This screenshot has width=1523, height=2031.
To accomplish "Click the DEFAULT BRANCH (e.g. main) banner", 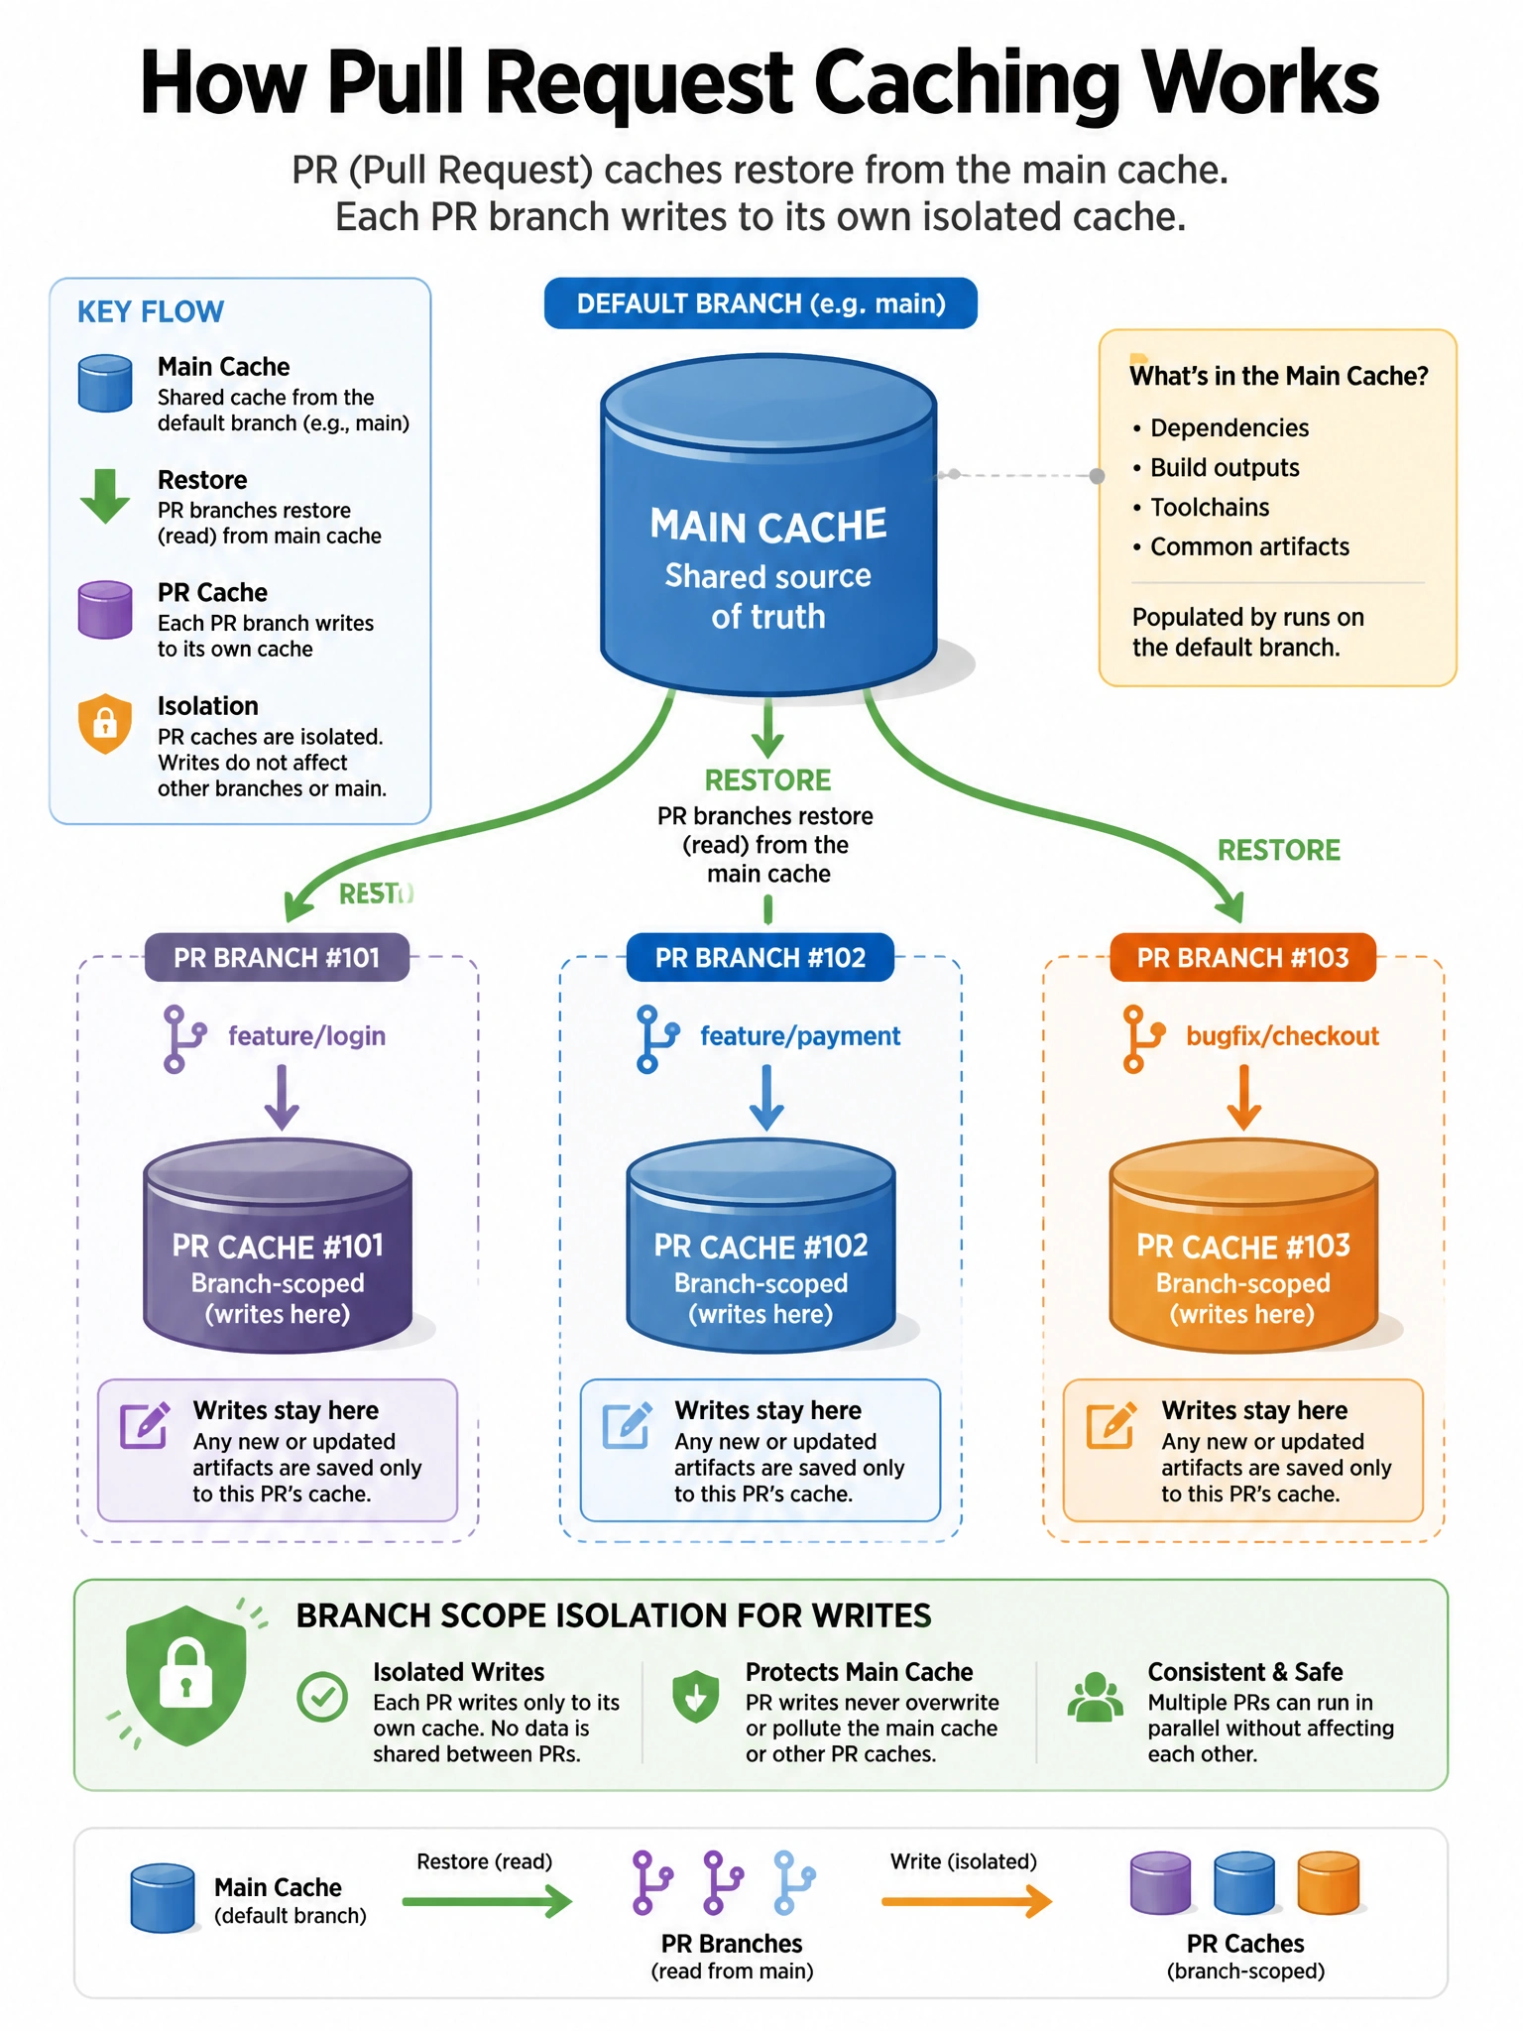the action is pos(761,303).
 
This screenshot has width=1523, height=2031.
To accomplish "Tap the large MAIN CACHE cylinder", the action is pos(768,524).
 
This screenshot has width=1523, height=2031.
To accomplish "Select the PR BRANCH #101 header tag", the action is pos(277,958).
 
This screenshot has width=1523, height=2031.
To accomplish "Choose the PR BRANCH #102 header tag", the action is pos(761,958).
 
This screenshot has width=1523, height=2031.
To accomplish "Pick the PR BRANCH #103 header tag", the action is pos(1242,958).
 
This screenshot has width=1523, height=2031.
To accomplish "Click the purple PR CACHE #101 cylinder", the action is pos(278,1246).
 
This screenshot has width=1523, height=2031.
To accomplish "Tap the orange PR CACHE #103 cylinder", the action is pos(1243,1246).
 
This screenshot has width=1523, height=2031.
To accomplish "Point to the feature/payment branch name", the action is pos(800,1036).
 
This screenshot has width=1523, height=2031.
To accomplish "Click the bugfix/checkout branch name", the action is pos(1282,1036).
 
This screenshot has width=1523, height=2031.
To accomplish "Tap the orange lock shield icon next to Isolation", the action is pos(105,723).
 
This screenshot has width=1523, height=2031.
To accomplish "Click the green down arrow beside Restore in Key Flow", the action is pos(105,496).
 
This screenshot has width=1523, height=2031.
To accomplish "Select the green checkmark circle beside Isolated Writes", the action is pos(322,1697).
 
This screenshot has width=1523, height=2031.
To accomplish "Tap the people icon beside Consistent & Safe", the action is pos(1095,1697).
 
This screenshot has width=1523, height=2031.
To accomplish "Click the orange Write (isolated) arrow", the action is pos(967,1901).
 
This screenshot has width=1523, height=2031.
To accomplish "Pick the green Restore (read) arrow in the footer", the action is pos(487,1901).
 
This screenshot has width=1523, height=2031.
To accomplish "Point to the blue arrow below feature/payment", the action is pos(765,1098).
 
